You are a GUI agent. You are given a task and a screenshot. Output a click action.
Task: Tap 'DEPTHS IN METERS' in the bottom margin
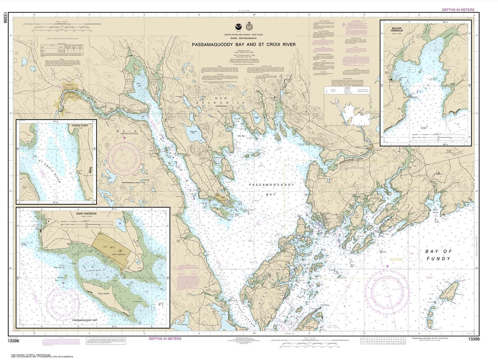(165, 339)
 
